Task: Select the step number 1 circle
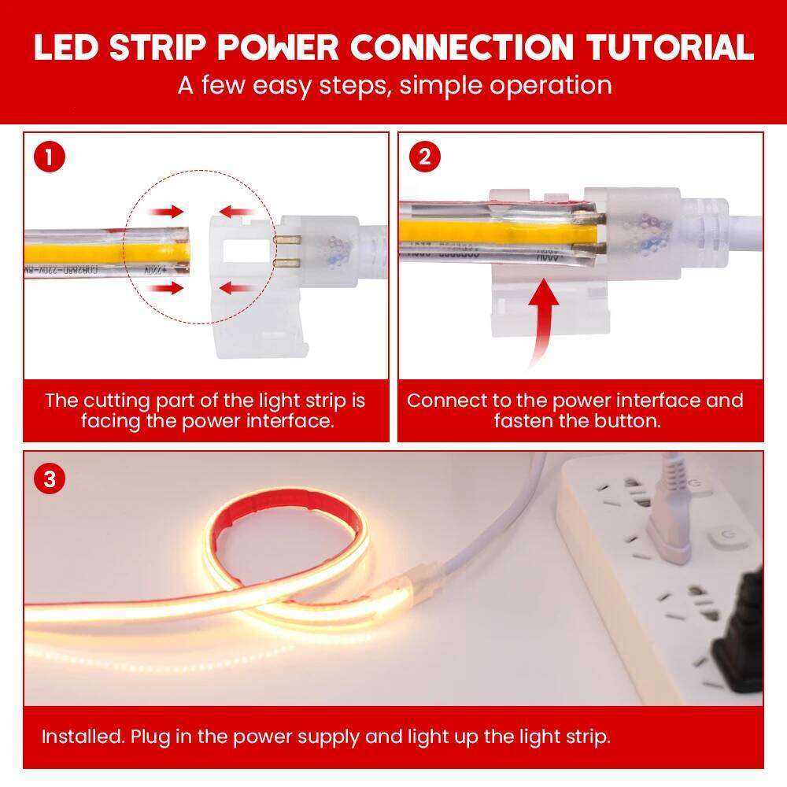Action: [49, 157]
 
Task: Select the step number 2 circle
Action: [424, 157]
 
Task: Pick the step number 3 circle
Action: [50, 478]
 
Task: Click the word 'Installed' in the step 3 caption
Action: [82, 737]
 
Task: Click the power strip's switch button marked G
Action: [722, 540]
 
